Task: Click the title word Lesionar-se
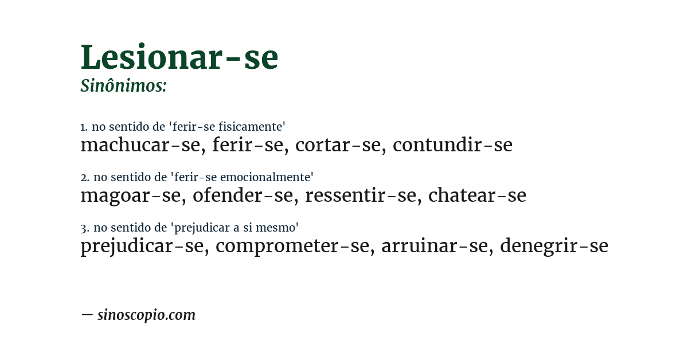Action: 179,57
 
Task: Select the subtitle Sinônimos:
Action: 123,86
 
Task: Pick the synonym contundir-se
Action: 452,146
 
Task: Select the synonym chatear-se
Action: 477,196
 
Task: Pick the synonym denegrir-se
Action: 554,246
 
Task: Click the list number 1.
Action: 84,127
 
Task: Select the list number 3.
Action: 84,228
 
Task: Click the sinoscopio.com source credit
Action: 146,315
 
